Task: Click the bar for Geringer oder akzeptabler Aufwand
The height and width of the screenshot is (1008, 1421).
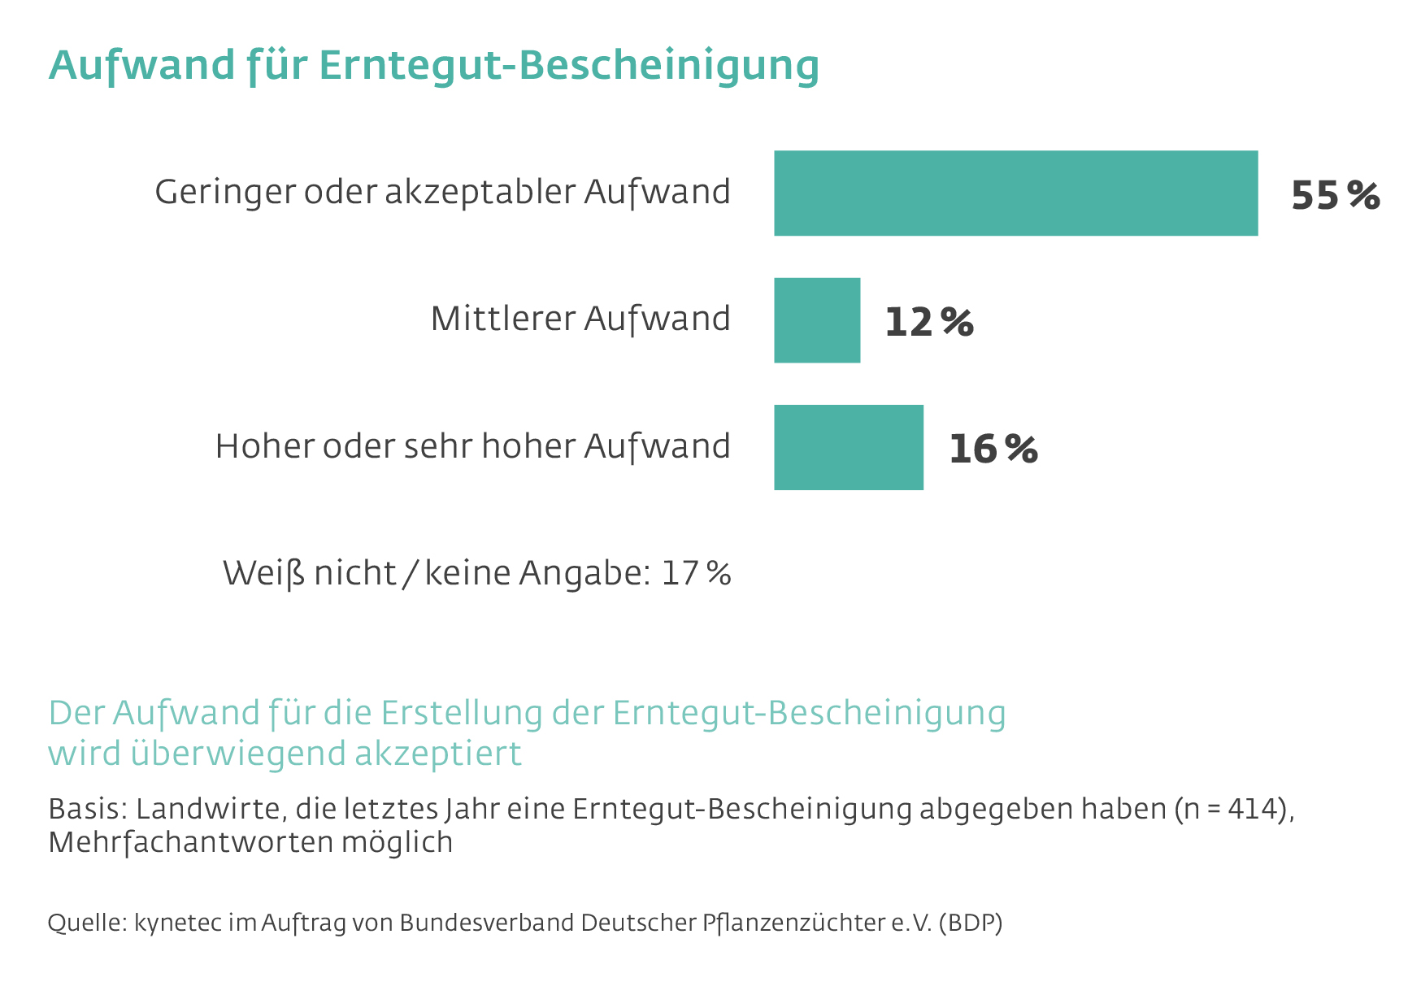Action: (x=1015, y=193)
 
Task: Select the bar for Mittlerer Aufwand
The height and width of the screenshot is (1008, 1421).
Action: (x=817, y=320)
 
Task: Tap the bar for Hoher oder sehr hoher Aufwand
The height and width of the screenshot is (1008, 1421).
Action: (x=848, y=447)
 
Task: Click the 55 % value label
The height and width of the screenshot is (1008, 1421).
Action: (x=1335, y=196)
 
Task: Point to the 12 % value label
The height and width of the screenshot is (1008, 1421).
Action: (x=928, y=322)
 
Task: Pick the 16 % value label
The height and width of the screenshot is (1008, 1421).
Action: (x=993, y=449)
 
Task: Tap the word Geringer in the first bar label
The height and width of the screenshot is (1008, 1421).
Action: (x=224, y=193)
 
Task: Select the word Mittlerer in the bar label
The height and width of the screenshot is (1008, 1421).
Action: (x=503, y=319)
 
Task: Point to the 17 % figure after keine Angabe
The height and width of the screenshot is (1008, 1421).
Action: (x=696, y=573)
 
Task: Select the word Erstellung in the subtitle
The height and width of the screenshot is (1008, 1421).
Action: (x=462, y=713)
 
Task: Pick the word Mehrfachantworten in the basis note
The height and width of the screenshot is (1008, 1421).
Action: (x=189, y=842)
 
